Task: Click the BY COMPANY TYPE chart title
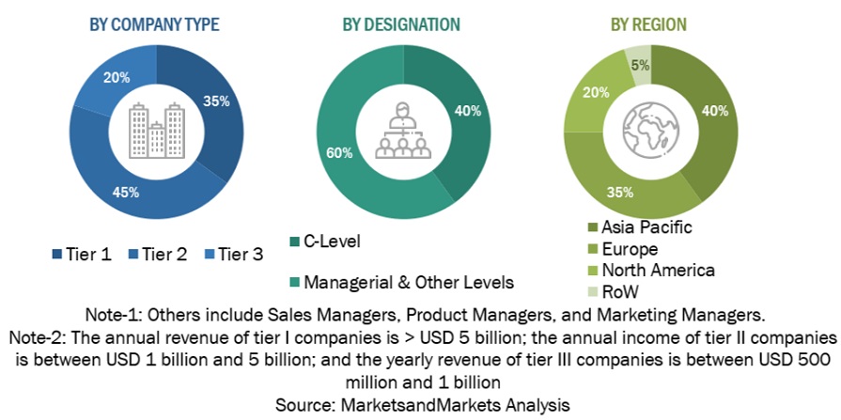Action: [x=154, y=24]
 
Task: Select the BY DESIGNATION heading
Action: [x=400, y=24]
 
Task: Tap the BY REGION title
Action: [x=649, y=24]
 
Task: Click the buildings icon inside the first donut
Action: [x=155, y=131]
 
